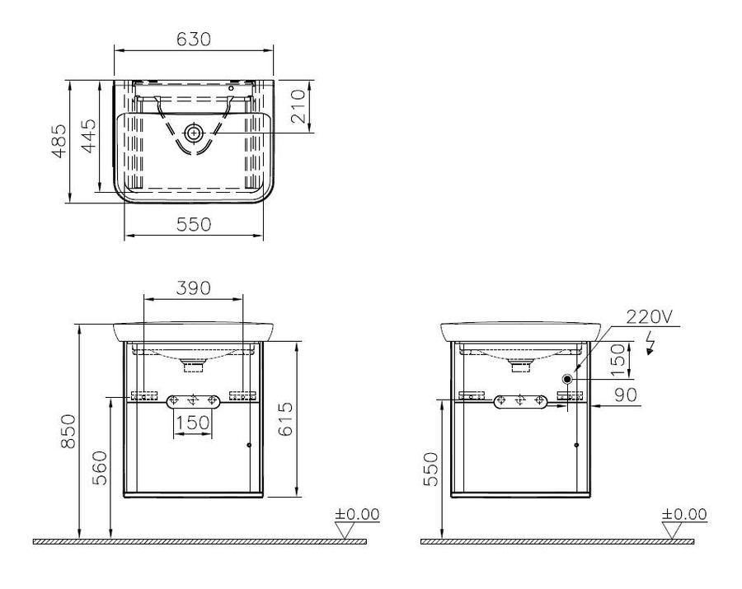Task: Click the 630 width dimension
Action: [x=194, y=40]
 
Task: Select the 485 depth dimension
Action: [x=59, y=141]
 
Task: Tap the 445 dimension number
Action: [x=88, y=136]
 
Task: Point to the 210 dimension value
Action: [x=298, y=107]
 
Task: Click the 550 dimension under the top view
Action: [x=194, y=224]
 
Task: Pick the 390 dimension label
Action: [x=193, y=287]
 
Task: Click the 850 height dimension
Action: [x=68, y=431]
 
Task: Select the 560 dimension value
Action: [x=100, y=468]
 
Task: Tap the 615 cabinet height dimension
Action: [x=285, y=418]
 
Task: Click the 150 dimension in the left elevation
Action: [x=193, y=422]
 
